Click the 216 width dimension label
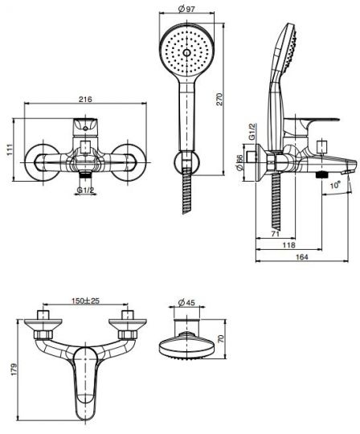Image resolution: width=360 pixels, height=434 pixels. click(85, 99)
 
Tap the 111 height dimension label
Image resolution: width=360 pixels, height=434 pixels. click(10, 149)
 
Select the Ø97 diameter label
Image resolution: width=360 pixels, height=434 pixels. click(186, 9)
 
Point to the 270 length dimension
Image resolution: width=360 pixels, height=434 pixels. click(219, 99)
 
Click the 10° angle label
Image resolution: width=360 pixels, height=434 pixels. click(335, 184)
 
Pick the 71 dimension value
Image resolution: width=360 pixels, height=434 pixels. click(275, 234)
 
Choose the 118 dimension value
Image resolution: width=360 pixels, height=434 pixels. click(288, 245)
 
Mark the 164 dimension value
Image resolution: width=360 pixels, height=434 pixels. click(302, 257)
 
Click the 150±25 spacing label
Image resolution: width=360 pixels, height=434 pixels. click(85, 301)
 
